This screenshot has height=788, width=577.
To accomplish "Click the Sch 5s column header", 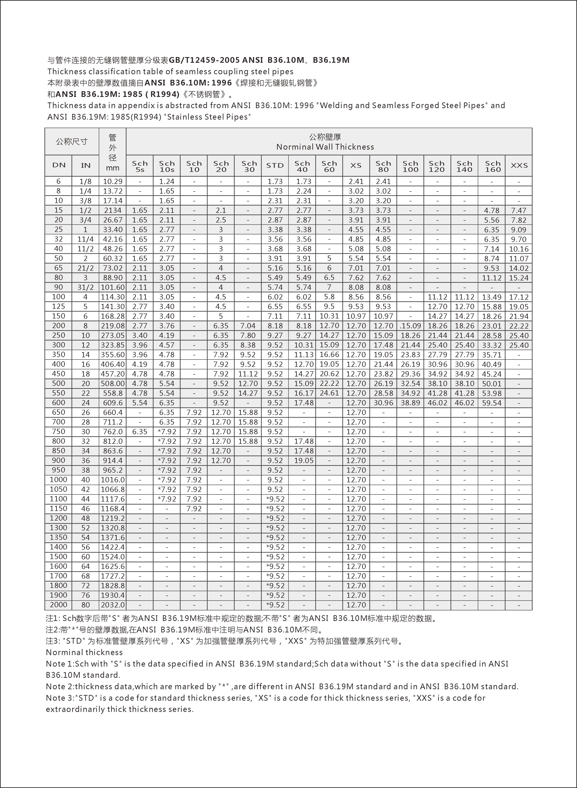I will pos(140,166).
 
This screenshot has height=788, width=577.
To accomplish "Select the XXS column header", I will pos(519,166).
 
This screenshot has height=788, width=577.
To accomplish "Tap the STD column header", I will pos(275,166).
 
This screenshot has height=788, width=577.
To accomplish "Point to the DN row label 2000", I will pos(58,605).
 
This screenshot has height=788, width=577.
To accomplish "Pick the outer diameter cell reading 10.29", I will pos(113,181).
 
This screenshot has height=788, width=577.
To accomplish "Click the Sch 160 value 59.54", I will pos(492,403).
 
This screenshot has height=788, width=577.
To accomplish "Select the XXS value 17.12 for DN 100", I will pos(519,297).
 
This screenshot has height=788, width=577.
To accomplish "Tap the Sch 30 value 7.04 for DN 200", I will pos(248,326).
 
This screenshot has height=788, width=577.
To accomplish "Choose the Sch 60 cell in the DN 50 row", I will pos(329,258).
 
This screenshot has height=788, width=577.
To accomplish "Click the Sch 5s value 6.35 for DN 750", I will pos(140,432).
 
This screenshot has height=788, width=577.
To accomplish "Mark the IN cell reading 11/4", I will pos(85,239).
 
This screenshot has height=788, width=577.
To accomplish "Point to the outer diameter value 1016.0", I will pos(113,480).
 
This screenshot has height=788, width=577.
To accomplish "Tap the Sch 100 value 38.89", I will pos(410,403).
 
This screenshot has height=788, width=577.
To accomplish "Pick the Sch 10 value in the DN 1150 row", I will pos(194,508).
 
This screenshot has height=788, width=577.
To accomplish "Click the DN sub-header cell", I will pos(59,166).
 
